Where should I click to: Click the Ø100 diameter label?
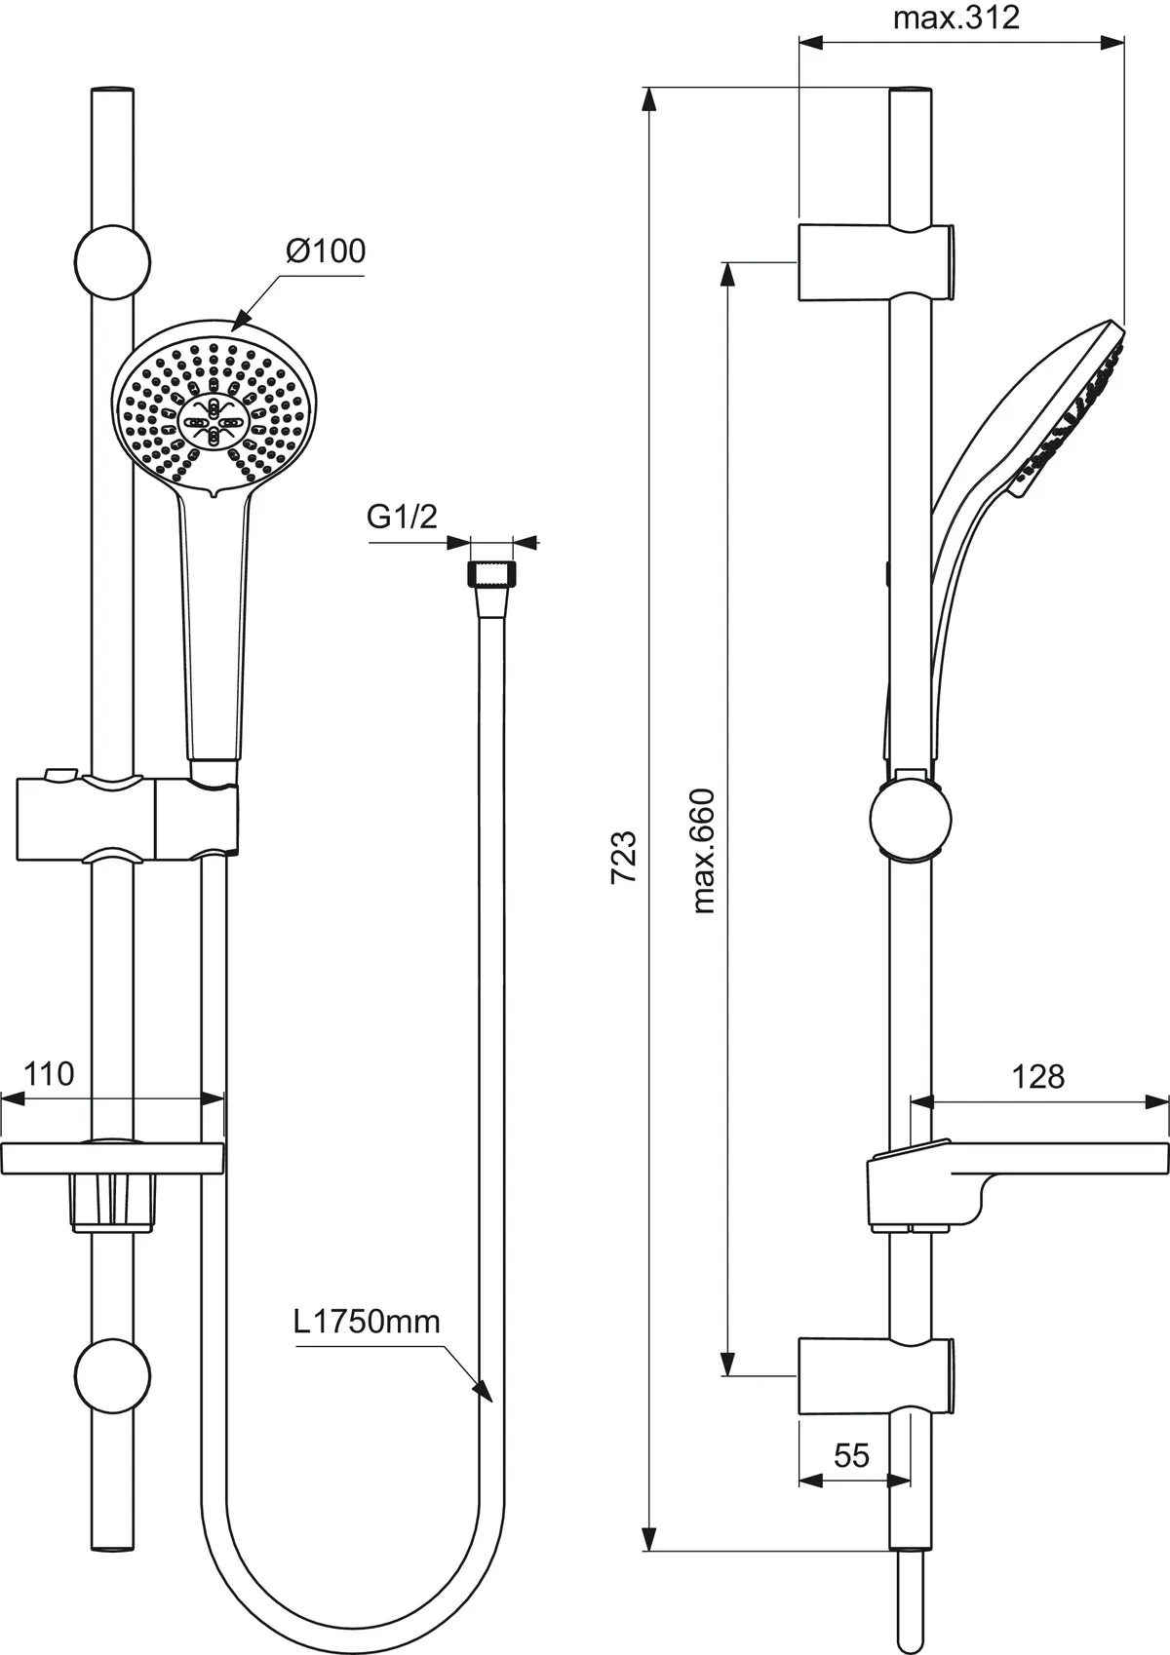coord(326,251)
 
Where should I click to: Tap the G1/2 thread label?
coord(402,518)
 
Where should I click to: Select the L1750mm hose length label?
coord(367,1322)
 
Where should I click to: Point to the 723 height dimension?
coord(624,857)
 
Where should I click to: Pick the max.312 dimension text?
coord(955,18)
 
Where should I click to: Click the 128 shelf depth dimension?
coord(1037,1077)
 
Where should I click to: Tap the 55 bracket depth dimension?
coord(851,1455)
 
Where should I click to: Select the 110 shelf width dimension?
coord(49,1074)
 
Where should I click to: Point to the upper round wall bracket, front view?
coord(113,261)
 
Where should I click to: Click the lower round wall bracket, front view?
coord(113,1375)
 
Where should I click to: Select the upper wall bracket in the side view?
coord(875,262)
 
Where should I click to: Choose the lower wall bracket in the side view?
coord(875,1375)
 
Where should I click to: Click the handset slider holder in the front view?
coord(127,819)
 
